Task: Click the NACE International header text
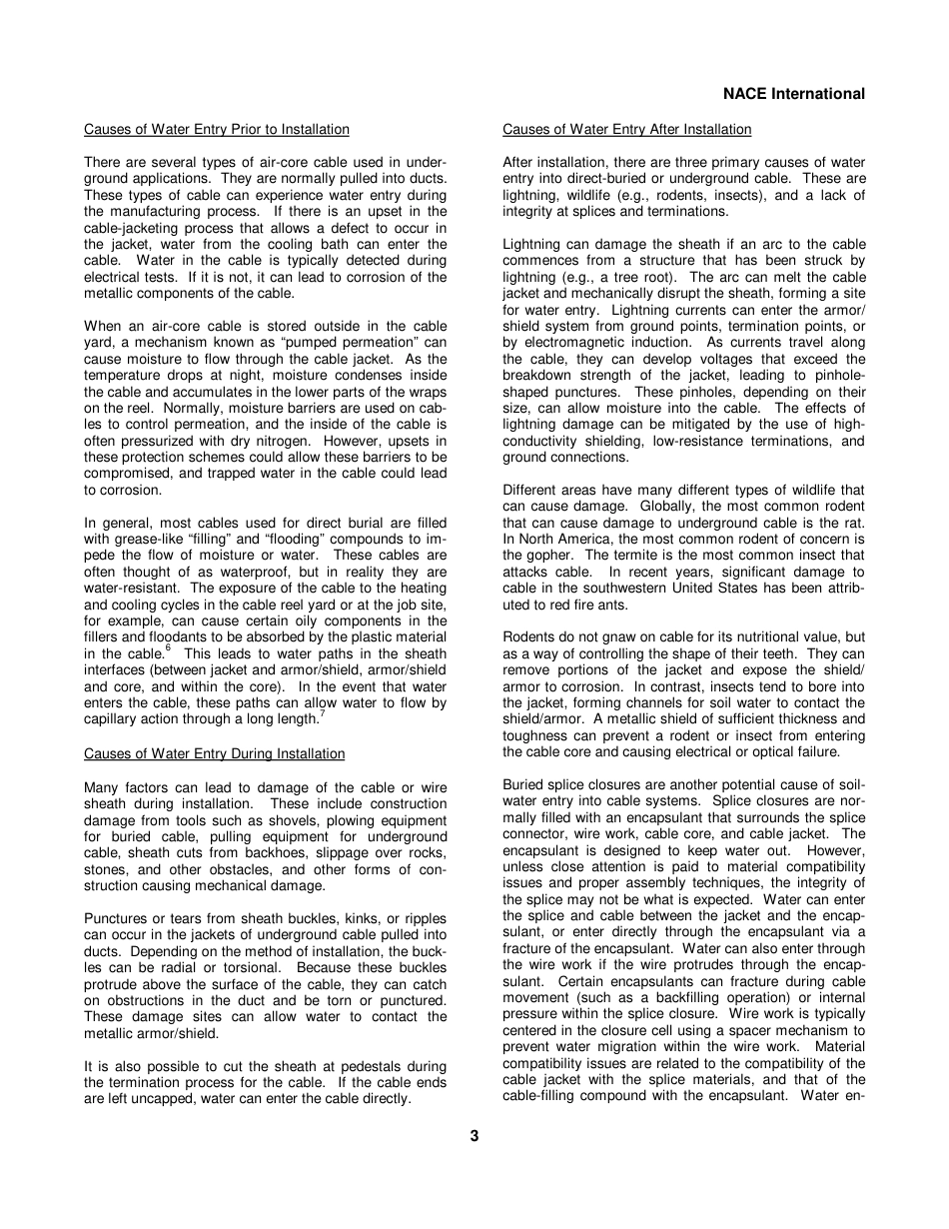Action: click(793, 94)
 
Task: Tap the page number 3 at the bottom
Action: click(474, 1135)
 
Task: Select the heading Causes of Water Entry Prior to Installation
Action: click(217, 130)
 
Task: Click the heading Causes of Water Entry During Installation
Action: click(214, 753)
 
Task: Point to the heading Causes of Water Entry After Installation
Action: click(626, 130)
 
